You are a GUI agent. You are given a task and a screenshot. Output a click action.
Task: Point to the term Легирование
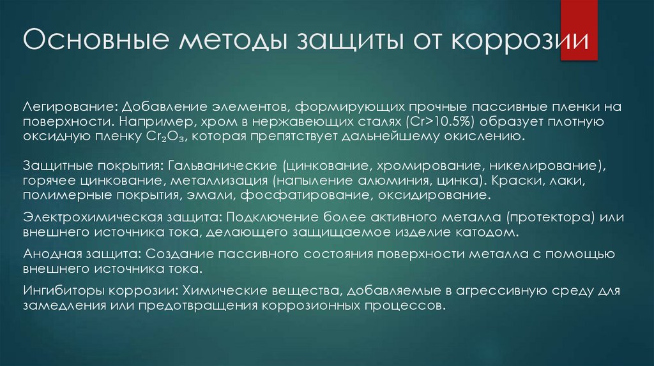pyautogui.click(x=67, y=105)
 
